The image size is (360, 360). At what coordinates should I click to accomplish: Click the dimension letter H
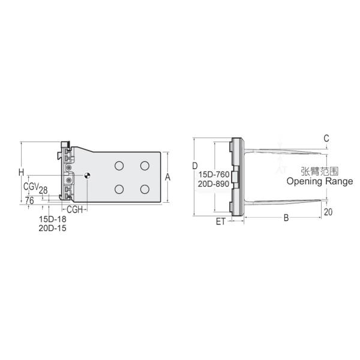21,173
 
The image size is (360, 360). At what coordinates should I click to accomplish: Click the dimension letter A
168,178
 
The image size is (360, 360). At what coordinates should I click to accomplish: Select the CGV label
31,187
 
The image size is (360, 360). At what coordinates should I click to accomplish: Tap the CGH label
74,209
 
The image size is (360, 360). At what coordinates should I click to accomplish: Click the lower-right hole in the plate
145,190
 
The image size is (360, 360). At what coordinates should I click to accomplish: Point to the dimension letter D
195,165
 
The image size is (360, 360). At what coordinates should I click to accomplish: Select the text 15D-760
213,175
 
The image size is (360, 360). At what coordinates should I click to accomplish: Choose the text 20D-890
213,184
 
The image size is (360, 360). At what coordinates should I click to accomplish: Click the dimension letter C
326,139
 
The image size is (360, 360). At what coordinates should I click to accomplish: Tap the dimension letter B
287,218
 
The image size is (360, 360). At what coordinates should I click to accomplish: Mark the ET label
220,221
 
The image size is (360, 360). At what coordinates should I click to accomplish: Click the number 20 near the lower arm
328,212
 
